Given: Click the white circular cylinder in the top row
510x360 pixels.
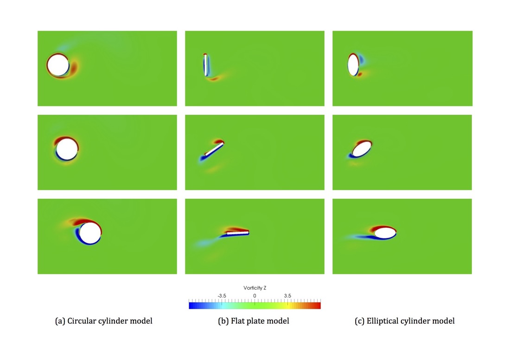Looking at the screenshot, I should [x=58, y=65].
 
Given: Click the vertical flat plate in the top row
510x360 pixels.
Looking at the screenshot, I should [x=205, y=65].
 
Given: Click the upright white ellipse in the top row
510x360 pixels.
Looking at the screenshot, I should [x=353, y=65].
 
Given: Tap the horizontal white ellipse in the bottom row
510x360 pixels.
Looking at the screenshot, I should [x=385, y=233].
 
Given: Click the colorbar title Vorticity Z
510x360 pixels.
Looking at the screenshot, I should [x=255, y=288].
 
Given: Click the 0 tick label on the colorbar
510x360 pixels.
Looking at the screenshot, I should [x=255, y=296].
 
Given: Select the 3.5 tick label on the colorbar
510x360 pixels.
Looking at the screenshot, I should [x=287, y=296].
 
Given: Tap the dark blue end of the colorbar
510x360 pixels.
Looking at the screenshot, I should [x=191, y=305].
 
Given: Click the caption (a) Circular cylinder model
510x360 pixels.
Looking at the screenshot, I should [x=103, y=321].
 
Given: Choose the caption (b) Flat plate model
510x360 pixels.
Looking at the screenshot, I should [x=254, y=321].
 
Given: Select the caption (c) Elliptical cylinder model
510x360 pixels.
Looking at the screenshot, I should [x=404, y=321].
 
